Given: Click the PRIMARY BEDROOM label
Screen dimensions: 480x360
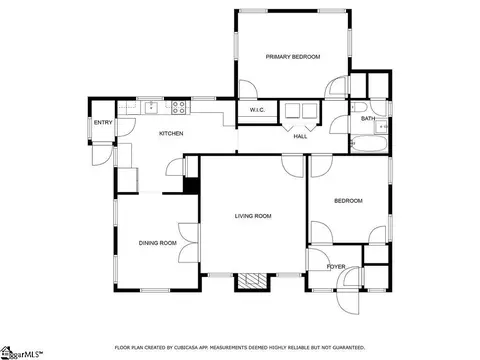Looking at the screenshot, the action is (293, 57).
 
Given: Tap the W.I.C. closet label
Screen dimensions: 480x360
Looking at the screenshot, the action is (257, 110).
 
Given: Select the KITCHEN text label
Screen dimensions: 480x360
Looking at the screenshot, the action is (171, 133).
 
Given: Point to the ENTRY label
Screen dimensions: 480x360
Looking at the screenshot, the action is (103, 123).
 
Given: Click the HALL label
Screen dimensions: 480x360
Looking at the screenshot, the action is (300, 136).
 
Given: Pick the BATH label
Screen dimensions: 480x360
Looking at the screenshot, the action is (368, 118).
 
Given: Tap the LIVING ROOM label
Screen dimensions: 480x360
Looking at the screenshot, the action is (253, 216).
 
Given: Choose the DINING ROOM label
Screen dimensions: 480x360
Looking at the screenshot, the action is (158, 243).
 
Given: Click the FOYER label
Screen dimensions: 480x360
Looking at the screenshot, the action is (336, 267).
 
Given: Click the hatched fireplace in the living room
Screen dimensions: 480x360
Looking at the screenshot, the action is (252, 280).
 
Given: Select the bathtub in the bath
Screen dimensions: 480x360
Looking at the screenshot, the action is (369, 144).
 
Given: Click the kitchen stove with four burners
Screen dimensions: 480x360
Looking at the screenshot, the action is (179, 107).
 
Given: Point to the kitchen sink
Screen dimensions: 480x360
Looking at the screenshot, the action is (152, 107).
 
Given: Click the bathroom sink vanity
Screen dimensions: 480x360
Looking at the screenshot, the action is (381, 127).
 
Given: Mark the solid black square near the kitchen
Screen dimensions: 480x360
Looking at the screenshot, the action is (191, 186).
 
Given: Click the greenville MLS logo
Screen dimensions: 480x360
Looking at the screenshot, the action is (21, 353).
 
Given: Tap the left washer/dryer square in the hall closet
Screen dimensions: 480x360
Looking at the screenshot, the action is (293, 111).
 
